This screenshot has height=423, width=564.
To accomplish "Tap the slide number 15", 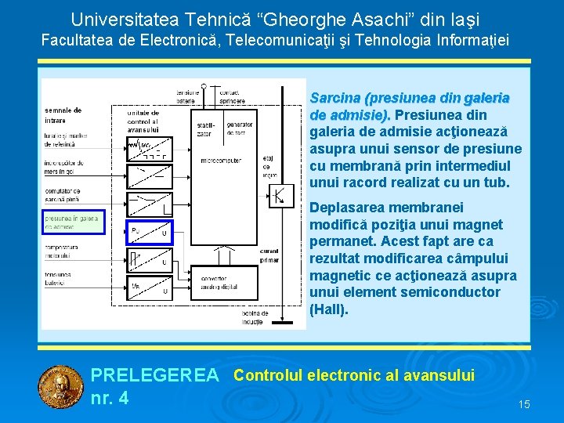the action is coord(524,404).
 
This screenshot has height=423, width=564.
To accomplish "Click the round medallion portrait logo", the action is coord(60,387).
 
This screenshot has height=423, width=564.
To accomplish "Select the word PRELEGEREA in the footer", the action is coord(155,376).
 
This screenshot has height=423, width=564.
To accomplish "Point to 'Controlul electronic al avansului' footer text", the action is coord(354,375).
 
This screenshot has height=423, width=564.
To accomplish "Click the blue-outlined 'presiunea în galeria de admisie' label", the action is coord(72,222).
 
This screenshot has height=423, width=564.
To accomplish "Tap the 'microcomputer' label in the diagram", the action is coord(220,161).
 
